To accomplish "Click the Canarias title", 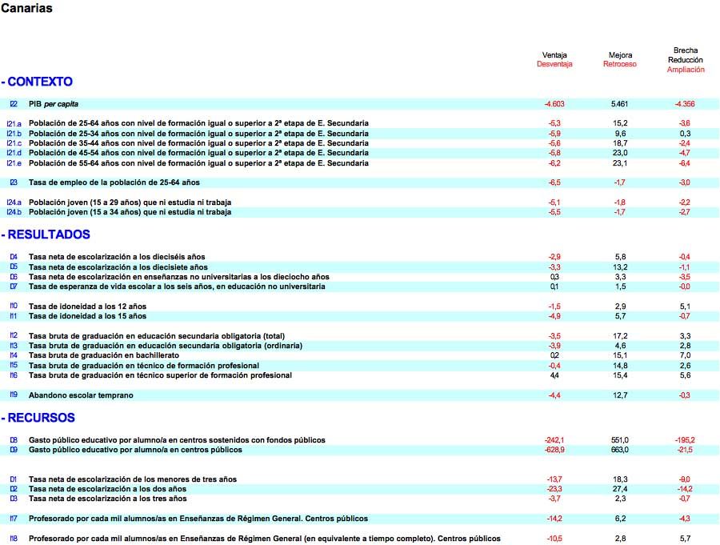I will (x=26, y=9).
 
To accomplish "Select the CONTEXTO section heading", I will (x=38, y=82).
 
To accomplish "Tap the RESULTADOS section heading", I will (x=46, y=234).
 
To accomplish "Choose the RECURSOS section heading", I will (x=39, y=418).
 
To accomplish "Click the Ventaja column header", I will (x=554, y=55).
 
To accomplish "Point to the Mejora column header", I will (x=620, y=55).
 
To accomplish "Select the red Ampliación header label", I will (x=686, y=70).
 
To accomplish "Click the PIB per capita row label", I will (x=54, y=104).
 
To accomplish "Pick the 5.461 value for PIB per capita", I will (x=620, y=104).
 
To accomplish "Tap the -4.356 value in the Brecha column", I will (x=685, y=104).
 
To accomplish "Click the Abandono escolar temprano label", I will (x=81, y=395).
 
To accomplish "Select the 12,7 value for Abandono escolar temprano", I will (x=620, y=395).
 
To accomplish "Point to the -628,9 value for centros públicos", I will (x=554, y=450).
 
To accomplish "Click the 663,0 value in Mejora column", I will (x=620, y=450).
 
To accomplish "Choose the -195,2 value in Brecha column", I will (x=685, y=440).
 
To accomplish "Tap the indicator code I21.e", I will (x=14, y=163).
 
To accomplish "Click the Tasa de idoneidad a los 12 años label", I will (x=87, y=307).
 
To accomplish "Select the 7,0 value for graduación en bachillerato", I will (x=686, y=355).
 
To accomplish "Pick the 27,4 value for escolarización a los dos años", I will (x=620, y=489).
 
